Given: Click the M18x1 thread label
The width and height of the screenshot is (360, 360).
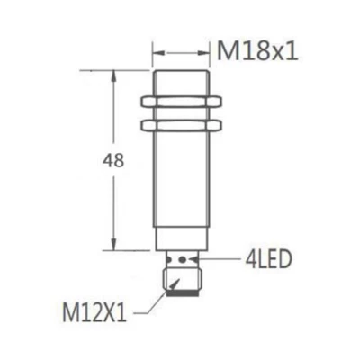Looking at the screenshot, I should click(x=257, y=51).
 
